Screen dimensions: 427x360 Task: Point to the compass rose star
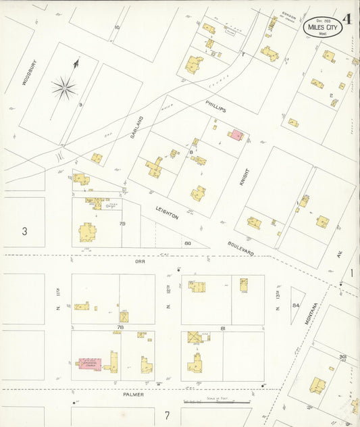coord(65,86)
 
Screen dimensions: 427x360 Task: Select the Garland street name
coord(137,126)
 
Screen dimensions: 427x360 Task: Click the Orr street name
coord(140,261)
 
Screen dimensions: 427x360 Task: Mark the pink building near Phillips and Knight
coord(236,134)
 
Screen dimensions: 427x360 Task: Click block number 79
coord(122,223)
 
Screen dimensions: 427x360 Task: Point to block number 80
coord(187,243)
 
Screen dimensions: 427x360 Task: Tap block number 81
coord(203,328)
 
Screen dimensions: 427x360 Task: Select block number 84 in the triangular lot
coord(295,305)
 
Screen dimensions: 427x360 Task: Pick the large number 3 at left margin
coord(24,231)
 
